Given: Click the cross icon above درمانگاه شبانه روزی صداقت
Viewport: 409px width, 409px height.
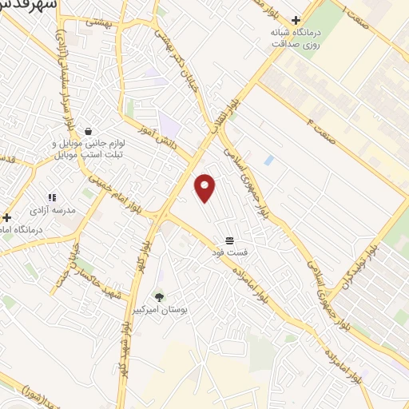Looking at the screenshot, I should pyautogui.click(x=296, y=20).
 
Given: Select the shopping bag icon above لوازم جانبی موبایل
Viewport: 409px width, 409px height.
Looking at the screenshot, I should pyautogui.click(x=87, y=131).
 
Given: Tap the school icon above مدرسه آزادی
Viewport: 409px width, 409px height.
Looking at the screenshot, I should pyautogui.click(x=52, y=197).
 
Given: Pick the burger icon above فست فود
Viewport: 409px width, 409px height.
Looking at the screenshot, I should pyautogui.click(x=229, y=240).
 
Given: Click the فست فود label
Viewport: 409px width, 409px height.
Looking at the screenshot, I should pyautogui.click(x=231, y=252).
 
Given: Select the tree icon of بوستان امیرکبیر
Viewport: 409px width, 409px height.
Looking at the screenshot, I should pyautogui.click(x=159, y=296).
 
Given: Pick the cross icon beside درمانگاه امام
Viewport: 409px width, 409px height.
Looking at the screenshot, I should pyautogui.click(x=6, y=216).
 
